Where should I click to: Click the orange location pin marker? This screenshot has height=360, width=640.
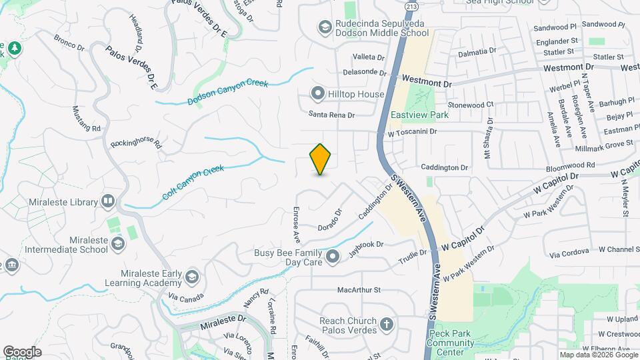321,159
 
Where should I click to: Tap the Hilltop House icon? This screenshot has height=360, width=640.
318,94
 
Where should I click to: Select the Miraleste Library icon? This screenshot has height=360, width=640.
108,201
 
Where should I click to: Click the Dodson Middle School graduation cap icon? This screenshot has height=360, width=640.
325,27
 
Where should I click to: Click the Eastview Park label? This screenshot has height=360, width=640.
419,115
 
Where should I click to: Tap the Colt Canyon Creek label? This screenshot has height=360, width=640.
193,183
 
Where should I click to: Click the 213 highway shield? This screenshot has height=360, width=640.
411,6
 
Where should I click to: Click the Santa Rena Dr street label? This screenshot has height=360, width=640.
331,115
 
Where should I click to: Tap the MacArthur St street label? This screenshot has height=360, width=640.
359,290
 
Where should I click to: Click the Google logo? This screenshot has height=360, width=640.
23,351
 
